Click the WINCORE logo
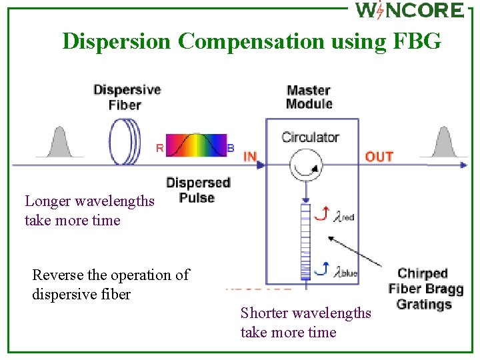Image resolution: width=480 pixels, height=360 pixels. click(409, 11)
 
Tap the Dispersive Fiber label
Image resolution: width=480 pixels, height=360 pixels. click(127, 97)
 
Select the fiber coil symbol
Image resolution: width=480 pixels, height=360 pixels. click(125, 139)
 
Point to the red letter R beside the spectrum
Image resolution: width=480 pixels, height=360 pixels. click(159, 148)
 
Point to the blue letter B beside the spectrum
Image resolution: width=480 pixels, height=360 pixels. click(231, 148)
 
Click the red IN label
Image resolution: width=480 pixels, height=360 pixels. click(250, 157)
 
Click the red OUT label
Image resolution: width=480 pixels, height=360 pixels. click(379, 157)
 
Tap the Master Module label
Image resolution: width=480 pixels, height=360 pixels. click(309, 97)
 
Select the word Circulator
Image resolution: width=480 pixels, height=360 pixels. click(310, 137)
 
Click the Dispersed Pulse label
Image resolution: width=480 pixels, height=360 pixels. click(198, 190)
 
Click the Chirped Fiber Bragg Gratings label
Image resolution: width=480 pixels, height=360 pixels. click(425, 289)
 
